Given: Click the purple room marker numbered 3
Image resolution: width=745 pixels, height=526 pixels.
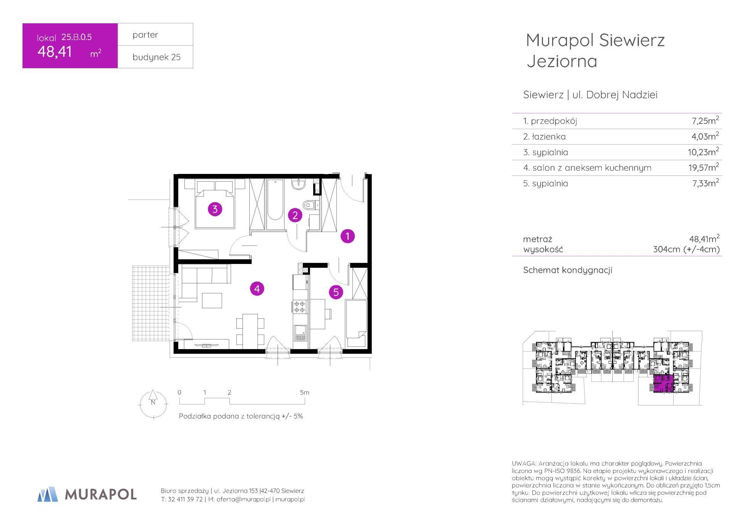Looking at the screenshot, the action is point(215,209).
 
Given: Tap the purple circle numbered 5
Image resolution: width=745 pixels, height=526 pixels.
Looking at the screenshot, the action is point(336,292).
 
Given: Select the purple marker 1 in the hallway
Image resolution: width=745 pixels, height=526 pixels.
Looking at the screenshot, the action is point(347,236).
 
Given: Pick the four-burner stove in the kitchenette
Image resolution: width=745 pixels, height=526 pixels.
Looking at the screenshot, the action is point(300,307).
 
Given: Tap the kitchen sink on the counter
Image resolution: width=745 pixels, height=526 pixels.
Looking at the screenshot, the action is point(300,333).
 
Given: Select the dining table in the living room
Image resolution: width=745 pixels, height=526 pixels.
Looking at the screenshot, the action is point(250,330).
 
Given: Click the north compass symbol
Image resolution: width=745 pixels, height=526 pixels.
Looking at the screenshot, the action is point(153,404).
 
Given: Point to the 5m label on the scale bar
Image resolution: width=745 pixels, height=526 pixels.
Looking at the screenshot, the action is point(304,392).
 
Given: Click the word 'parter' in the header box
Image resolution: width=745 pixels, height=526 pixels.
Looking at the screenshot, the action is point(145,35).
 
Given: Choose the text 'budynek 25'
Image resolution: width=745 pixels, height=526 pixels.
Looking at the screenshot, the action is point(157,57).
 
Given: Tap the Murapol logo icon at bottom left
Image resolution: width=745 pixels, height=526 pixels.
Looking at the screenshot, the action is point(47,494).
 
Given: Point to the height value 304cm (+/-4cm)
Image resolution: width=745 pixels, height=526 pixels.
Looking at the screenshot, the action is point(686,249).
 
